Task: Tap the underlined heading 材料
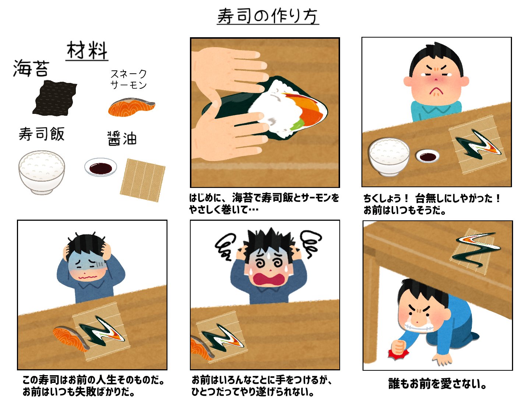(87, 50)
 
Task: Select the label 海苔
(31, 69)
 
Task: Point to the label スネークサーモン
(128, 79)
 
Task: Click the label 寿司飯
(42, 134)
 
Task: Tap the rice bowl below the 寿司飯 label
(42, 171)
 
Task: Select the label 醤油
(122, 139)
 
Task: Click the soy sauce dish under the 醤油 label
(100, 168)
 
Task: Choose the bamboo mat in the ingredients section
(142, 180)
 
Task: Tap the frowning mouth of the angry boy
(436, 90)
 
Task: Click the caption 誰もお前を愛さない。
(438, 384)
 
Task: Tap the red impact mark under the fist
(398, 353)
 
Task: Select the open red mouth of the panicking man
(270, 279)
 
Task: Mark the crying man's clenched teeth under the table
(417, 326)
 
